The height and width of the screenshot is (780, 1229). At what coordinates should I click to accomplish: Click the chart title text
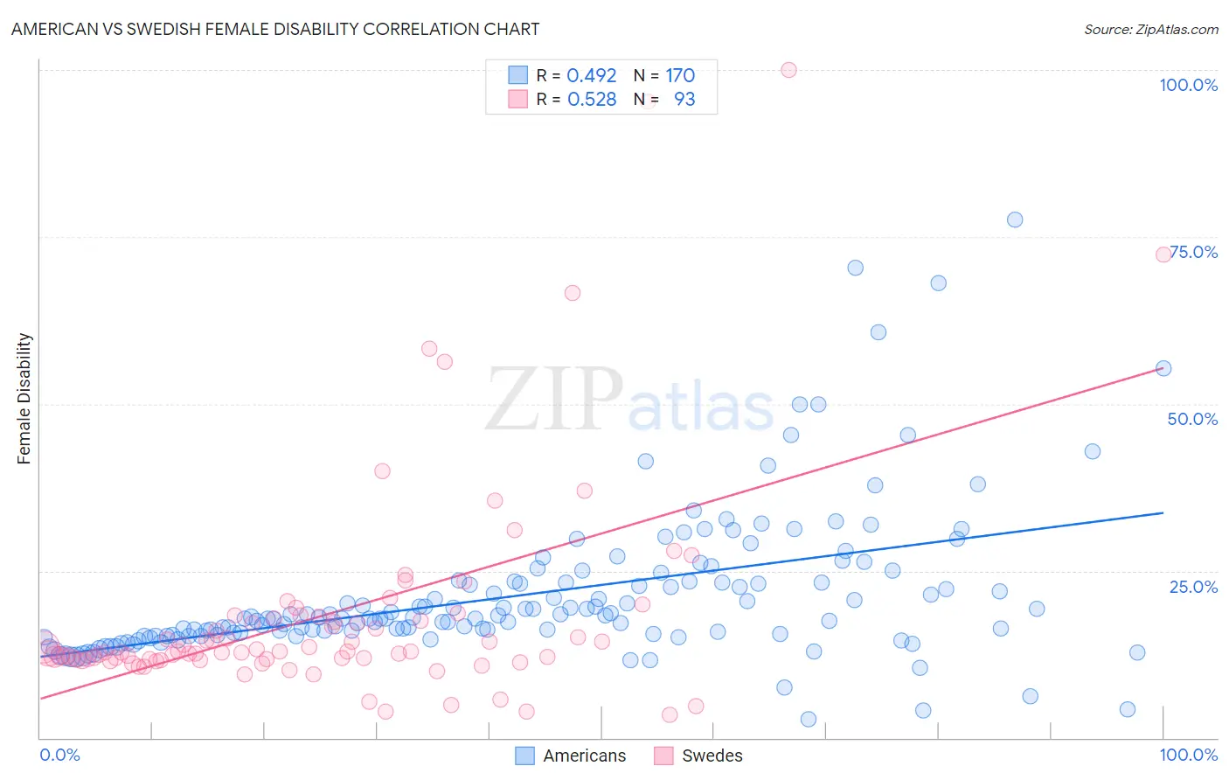click(x=275, y=29)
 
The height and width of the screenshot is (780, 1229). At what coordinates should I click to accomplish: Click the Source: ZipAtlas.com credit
click(x=1150, y=29)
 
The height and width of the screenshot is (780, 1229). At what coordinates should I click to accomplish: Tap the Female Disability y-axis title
click(x=24, y=398)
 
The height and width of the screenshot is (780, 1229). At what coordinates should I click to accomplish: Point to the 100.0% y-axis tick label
click(x=1188, y=85)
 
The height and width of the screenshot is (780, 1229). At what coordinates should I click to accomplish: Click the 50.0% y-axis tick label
click(x=1192, y=419)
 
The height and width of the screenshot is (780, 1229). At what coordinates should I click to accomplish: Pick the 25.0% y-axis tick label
click(x=1193, y=587)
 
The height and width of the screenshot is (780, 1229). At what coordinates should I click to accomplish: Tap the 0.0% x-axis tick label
click(x=59, y=755)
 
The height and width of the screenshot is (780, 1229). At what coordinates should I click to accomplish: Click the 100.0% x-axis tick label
click(x=1188, y=755)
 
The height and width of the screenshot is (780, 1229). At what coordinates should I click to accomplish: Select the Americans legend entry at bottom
click(x=571, y=756)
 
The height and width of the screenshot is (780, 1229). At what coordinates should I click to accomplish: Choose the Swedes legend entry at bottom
click(x=698, y=756)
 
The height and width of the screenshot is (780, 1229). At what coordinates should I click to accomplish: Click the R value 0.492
click(x=592, y=76)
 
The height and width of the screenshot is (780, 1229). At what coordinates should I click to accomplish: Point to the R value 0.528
click(x=592, y=100)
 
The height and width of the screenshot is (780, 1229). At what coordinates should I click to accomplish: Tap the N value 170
click(x=680, y=76)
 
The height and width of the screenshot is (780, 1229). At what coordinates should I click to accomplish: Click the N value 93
click(x=684, y=100)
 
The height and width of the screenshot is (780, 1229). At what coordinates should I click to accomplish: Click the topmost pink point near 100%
click(x=788, y=70)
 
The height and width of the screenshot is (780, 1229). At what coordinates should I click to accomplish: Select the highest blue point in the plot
click(x=1015, y=219)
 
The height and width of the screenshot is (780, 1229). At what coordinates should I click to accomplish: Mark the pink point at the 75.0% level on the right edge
click(x=1163, y=254)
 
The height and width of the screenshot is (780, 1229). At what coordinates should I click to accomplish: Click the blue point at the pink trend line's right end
click(x=1163, y=368)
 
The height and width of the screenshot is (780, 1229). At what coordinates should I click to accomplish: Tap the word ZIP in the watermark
click(x=554, y=400)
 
